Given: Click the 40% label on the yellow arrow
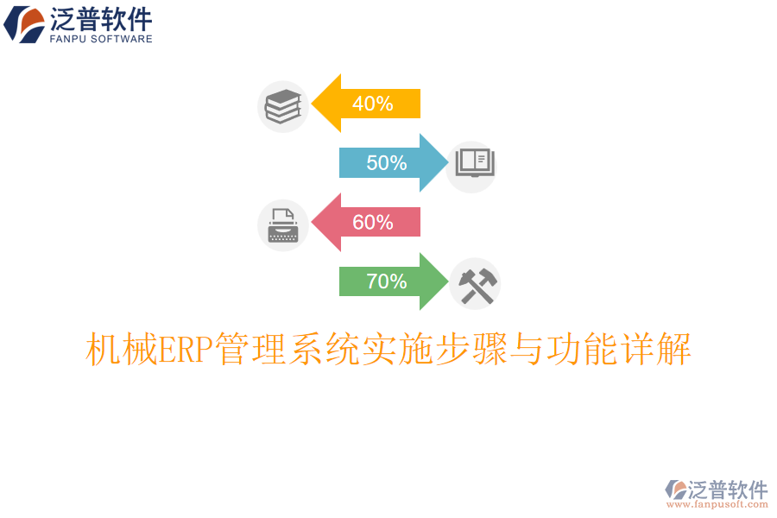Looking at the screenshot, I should (x=372, y=104).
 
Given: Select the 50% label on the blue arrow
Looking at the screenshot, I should (x=386, y=162).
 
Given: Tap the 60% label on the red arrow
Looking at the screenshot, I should (x=372, y=222).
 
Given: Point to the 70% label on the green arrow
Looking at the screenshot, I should (x=386, y=281).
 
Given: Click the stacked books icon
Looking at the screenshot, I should (x=282, y=106).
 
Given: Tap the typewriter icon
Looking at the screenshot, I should (x=282, y=225).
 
